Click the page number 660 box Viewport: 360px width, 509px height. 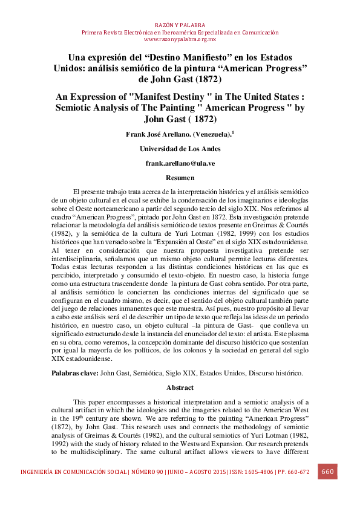coord(327,472)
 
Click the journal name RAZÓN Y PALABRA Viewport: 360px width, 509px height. coord(180,25)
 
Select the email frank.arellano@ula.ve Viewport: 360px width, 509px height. coord(180,163)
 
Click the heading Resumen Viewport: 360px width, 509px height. coord(180,178)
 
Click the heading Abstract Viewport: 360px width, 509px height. coord(180,387)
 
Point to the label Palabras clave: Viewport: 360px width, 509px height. coord(74,374)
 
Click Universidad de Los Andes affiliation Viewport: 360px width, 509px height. coord(180,149)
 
